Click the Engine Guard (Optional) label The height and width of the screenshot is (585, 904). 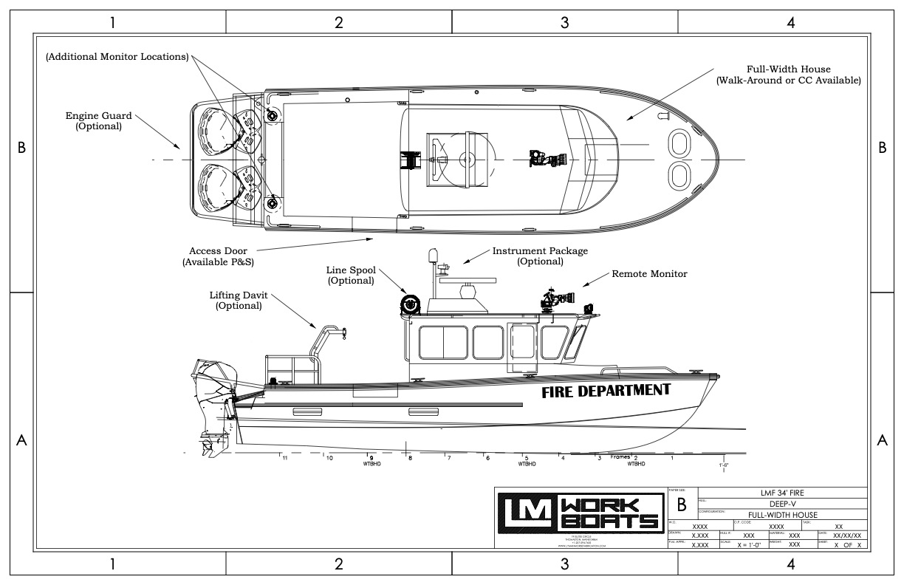coord(97,120)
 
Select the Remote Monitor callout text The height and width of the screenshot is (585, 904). coord(649,274)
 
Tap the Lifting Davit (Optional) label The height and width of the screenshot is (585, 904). coord(239,300)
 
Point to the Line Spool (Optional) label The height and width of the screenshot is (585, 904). coord(349,276)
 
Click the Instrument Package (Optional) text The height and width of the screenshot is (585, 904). coord(540,256)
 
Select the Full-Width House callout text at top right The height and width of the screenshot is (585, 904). coord(788,75)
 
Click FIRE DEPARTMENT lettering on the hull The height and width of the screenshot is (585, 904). coord(606,391)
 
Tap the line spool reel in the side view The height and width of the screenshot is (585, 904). coord(409,304)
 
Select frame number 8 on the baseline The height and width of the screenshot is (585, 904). coord(410,458)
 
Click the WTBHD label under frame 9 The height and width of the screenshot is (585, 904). coord(371,465)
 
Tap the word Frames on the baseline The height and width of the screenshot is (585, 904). coord(619,457)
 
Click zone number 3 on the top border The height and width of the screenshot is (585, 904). coord(565,23)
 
